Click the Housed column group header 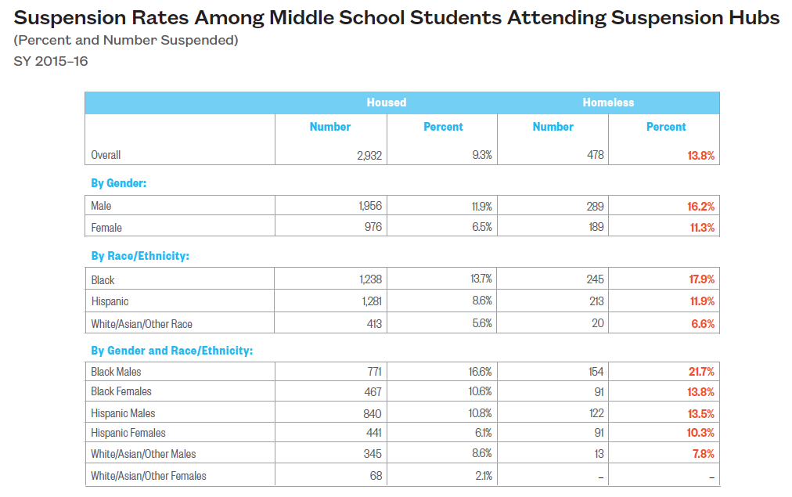tap(386, 103)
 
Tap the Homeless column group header tap(608, 103)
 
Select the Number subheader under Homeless tap(553, 127)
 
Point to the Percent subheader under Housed tap(443, 127)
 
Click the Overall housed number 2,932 tap(369, 156)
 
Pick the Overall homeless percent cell tap(700, 156)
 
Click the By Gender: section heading tap(119, 183)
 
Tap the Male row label tap(102, 207)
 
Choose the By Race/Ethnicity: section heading tap(140, 256)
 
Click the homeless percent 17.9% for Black tap(700, 279)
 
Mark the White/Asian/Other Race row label tap(142, 324)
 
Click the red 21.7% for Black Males tap(700, 372)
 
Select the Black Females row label tap(121, 391)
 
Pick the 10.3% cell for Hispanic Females tap(700, 433)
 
